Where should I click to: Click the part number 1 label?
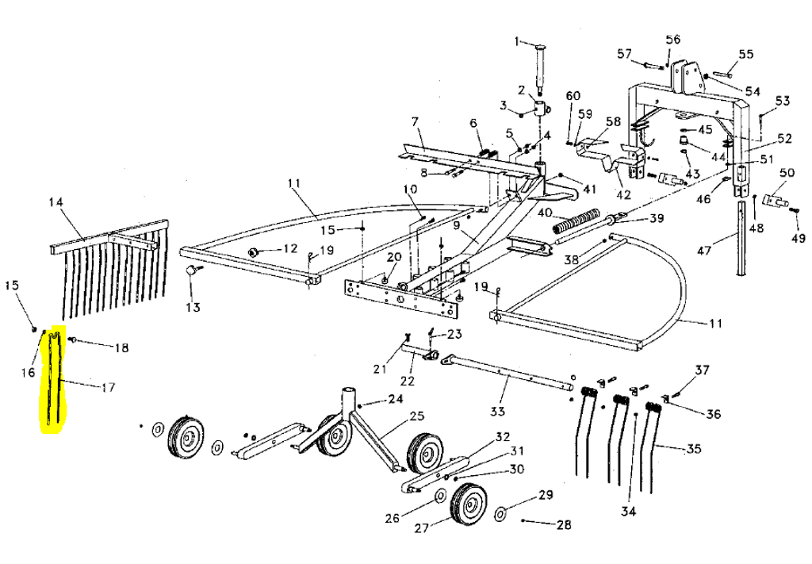pyautogui.click(x=516, y=41)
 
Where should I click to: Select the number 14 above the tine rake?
pyautogui.click(x=56, y=202)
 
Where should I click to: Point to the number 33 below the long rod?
pyautogui.click(x=497, y=411)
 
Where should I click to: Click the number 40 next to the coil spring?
pyautogui.click(x=545, y=213)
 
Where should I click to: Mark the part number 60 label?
pyautogui.click(x=573, y=96)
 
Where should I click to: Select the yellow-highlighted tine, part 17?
pyautogui.click(x=52, y=381)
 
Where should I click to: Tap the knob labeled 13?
pyautogui.click(x=191, y=271)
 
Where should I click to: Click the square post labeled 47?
pyautogui.click(x=741, y=238)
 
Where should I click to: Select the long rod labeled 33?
pyautogui.click(x=507, y=373)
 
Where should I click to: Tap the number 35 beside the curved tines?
pyautogui.click(x=694, y=449)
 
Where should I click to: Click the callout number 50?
pyautogui.click(x=787, y=173)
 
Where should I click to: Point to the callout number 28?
pyautogui.click(x=563, y=525)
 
